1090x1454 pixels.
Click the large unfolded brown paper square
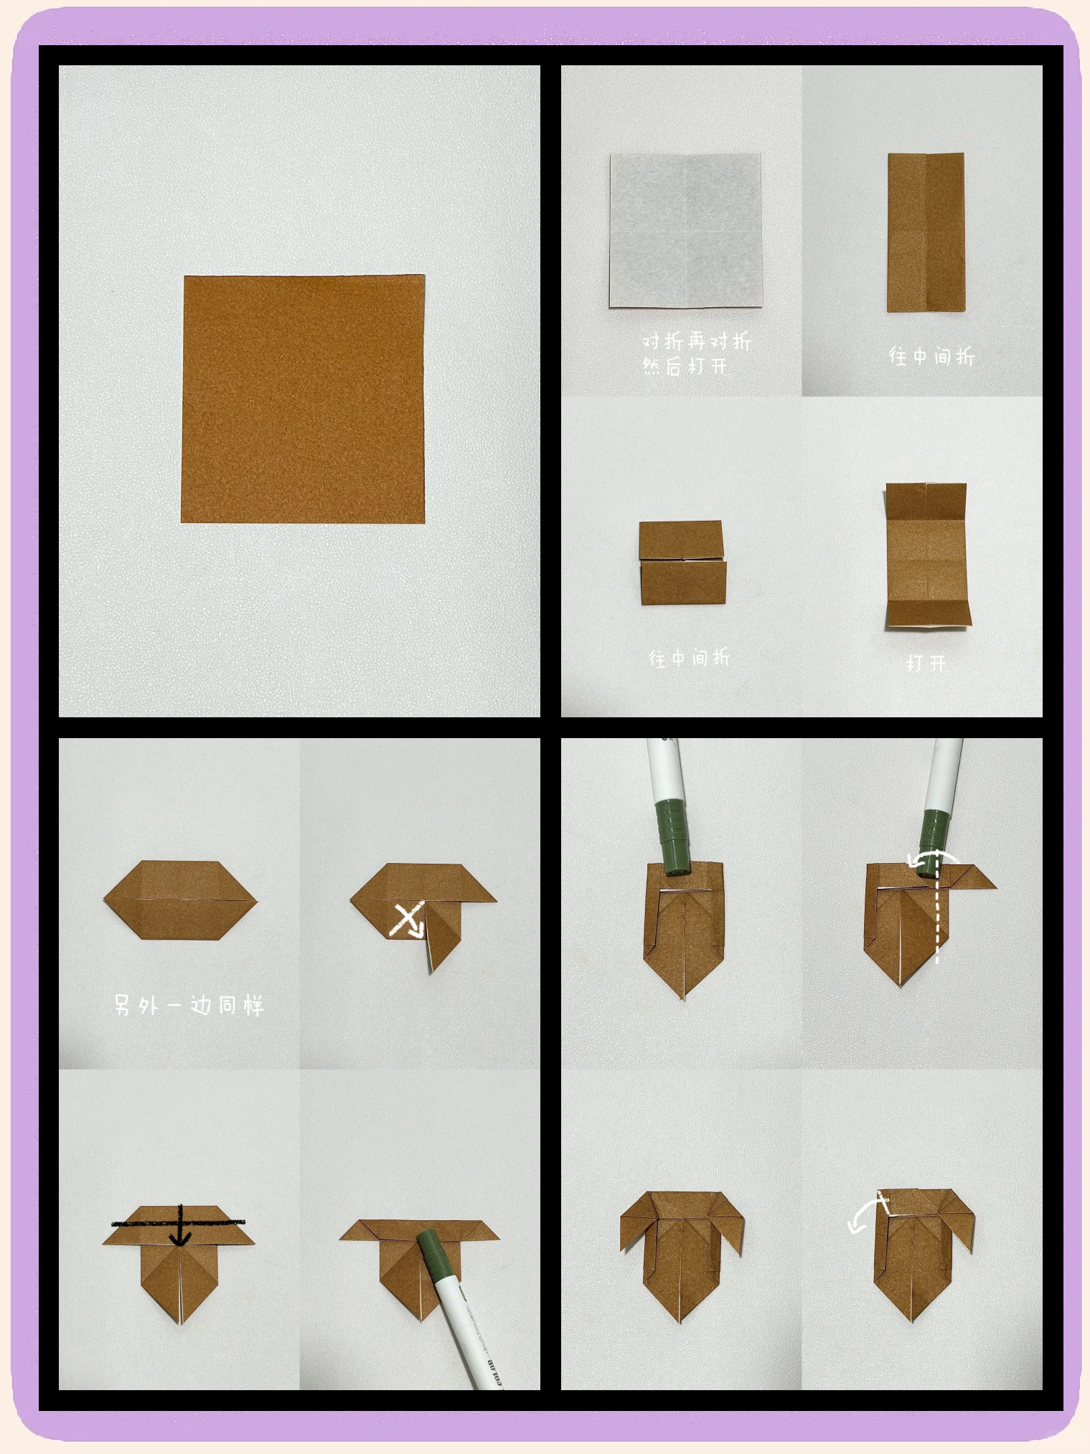pos(303,399)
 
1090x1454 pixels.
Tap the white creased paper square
pos(685,230)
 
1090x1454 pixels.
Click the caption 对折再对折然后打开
pos(696,353)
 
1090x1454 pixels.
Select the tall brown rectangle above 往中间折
pos(926,232)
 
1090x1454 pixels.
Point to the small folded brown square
pos(682,563)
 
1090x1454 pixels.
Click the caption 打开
pos(926,664)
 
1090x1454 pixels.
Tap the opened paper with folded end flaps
pos(928,557)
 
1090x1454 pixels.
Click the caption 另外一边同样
pos(189,1005)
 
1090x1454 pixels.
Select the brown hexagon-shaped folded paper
pos(180,900)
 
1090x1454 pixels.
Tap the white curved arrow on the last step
pos(868,1214)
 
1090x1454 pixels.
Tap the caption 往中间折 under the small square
pos(690,657)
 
